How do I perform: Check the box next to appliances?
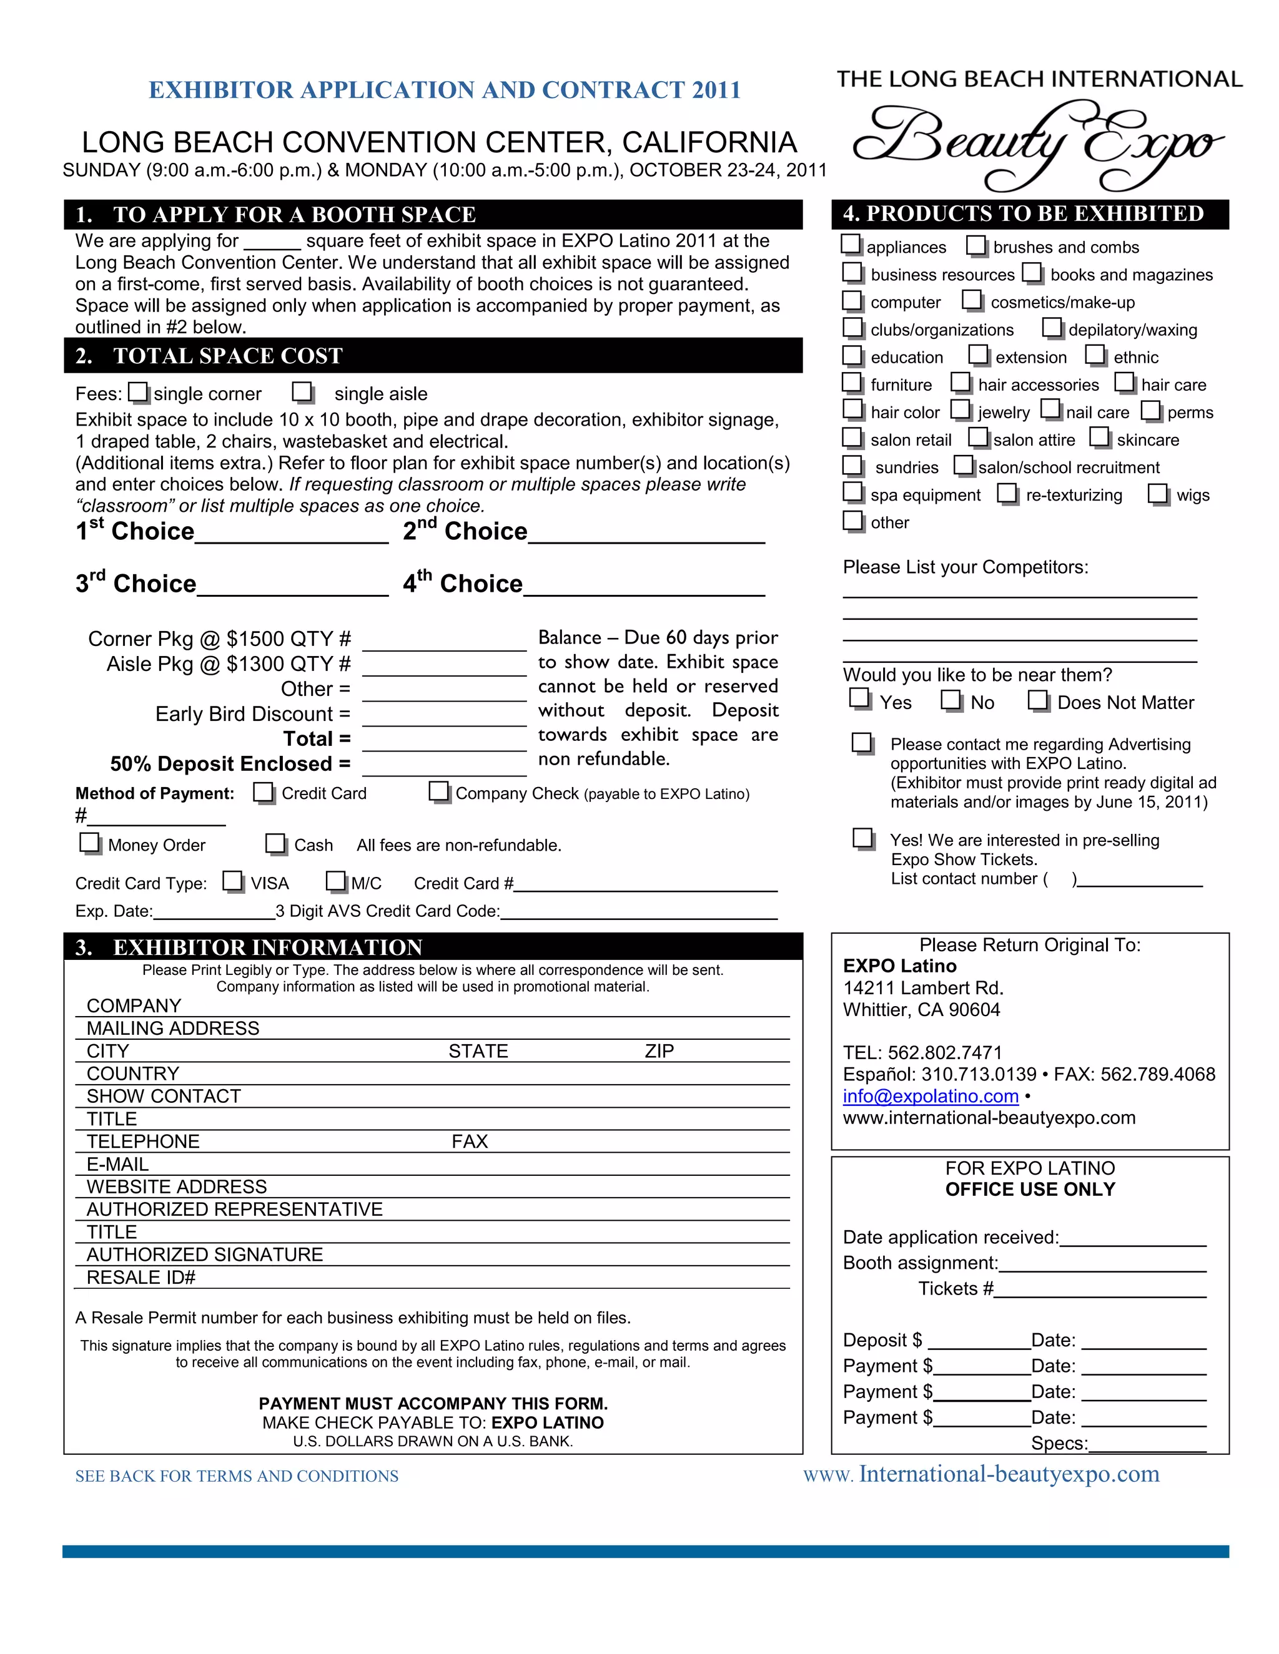pyautogui.click(x=852, y=245)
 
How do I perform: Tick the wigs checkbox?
pyautogui.click(x=1158, y=493)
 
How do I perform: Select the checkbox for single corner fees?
pyautogui.click(x=139, y=393)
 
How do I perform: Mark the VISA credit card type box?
pyautogui.click(x=232, y=881)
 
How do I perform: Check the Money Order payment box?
pyautogui.click(x=89, y=843)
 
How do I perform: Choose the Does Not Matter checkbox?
pyautogui.click(x=1038, y=700)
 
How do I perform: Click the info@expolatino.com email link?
pyautogui.click(x=931, y=1096)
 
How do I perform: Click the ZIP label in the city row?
pyautogui.click(x=659, y=1050)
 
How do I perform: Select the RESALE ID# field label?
pyautogui.click(x=141, y=1278)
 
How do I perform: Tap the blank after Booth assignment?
pyautogui.click(x=1102, y=1264)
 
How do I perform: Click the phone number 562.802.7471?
pyautogui.click(x=945, y=1053)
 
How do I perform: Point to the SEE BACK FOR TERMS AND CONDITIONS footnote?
pyautogui.click(x=237, y=1476)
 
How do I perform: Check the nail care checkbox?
pyautogui.click(x=1050, y=409)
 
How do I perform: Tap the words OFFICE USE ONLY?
pyautogui.click(x=1030, y=1189)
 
